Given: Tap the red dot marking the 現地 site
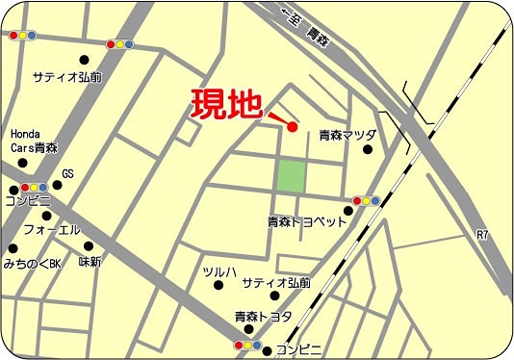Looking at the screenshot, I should pyautogui.click(x=292, y=126).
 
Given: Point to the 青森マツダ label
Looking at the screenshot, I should pyautogui.click(x=347, y=136).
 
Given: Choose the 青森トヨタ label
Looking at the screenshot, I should pyautogui.click(x=264, y=316).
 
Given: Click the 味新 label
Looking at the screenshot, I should pyautogui.click(x=90, y=261).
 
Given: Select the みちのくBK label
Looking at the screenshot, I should pyautogui.click(x=32, y=262).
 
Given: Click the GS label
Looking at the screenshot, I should pyautogui.click(x=67, y=174).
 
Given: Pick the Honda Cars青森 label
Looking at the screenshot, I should pyautogui.click(x=34, y=141).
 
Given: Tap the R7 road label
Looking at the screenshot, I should pyautogui.click(x=482, y=234).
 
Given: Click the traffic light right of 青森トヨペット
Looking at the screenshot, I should pyautogui.click(x=366, y=201).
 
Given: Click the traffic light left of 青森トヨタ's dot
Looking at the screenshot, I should pyautogui.click(x=248, y=344).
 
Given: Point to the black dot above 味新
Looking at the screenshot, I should pyautogui.click(x=88, y=244).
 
